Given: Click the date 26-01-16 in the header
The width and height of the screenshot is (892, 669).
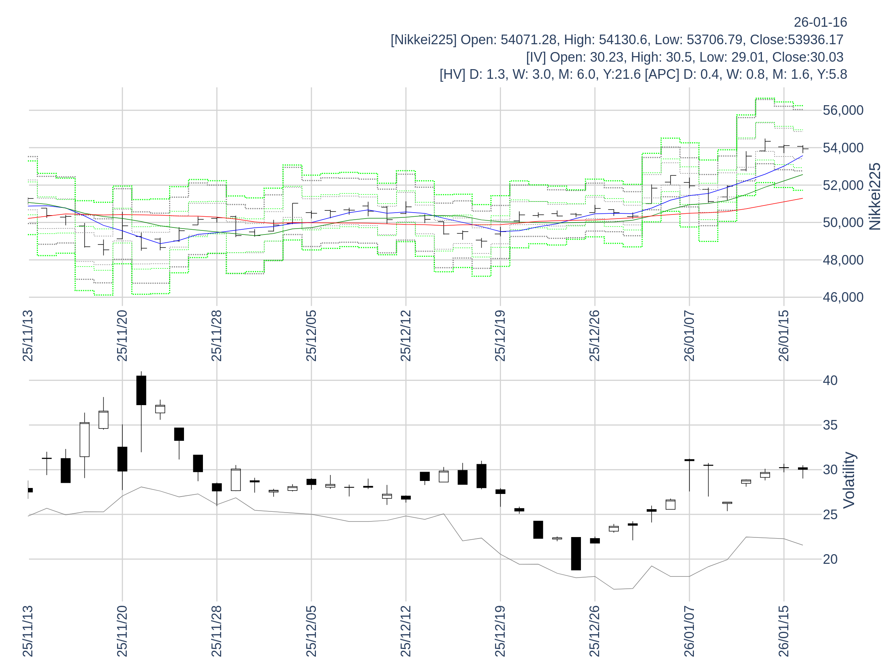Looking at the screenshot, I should [820, 22].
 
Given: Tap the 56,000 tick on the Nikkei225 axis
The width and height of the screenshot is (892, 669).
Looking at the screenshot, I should [843, 110].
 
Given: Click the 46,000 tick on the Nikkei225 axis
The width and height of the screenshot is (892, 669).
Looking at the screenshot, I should [843, 297].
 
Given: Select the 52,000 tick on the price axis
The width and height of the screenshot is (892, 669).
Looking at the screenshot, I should [843, 185].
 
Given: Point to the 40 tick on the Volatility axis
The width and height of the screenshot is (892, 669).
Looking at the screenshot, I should [830, 380].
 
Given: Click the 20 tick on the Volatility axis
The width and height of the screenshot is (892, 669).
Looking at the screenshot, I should [830, 559].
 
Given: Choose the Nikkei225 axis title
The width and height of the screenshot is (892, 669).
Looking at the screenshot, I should [875, 197].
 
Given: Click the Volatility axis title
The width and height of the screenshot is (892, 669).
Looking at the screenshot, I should [849, 480].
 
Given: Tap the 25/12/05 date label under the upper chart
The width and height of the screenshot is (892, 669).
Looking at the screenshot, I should [311, 336].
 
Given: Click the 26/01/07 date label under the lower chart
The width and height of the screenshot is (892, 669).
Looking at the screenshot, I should [689, 631].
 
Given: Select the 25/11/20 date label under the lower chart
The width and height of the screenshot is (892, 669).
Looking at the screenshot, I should [122, 631].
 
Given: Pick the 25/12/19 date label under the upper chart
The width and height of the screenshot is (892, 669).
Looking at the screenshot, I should [500, 336].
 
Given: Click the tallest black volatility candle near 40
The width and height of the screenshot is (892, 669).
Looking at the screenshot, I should [141, 390].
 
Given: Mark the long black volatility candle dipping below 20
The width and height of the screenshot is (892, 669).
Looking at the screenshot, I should [576, 553].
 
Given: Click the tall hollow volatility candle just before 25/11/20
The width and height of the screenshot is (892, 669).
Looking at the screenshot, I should [84, 440].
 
